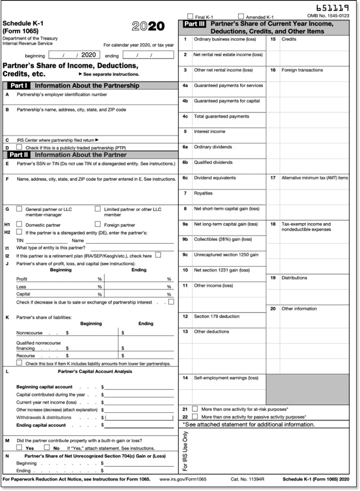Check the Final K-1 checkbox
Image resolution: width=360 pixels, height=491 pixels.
[190, 16]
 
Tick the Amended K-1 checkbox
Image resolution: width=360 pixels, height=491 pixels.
[241, 16]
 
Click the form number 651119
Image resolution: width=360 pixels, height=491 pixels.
[333, 8]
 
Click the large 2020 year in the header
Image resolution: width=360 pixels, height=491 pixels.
[148, 26]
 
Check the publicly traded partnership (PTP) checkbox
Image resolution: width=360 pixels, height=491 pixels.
[19, 147]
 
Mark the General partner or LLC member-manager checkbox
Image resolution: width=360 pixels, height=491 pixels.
[19, 209]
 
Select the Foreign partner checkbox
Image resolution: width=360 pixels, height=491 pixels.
[98, 224]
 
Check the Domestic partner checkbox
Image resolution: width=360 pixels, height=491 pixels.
[19, 224]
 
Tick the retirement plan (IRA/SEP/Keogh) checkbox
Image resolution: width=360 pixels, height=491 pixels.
[158, 255]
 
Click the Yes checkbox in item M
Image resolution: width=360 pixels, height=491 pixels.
[19, 447]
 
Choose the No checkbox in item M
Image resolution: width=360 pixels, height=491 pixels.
[46, 447]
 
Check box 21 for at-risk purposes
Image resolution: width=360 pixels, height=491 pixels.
[195, 409]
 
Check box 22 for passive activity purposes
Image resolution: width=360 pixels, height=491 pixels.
[195, 416]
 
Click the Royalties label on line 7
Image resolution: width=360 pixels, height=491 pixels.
[203, 193]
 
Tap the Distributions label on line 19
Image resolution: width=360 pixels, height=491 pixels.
[294, 278]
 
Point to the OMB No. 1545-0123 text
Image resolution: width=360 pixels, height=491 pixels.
[328, 16]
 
